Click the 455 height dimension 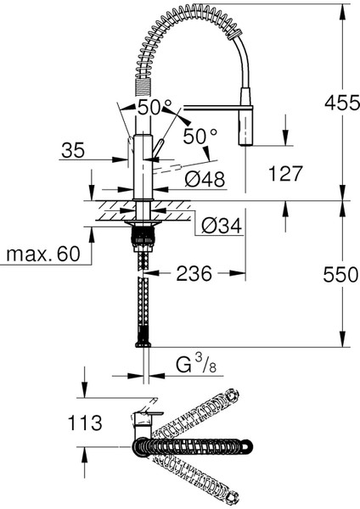(x=342, y=103)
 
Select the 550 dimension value (x=340, y=275)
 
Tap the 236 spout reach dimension (x=194, y=273)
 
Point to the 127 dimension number (x=285, y=173)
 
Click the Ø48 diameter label (x=205, y=179)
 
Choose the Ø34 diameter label (x=222, y=226)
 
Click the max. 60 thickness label (x=43, y=254)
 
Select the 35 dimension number (x=73, y=150)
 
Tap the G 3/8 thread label (x=196, y=365)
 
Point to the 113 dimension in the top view (x=85, y=423)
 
